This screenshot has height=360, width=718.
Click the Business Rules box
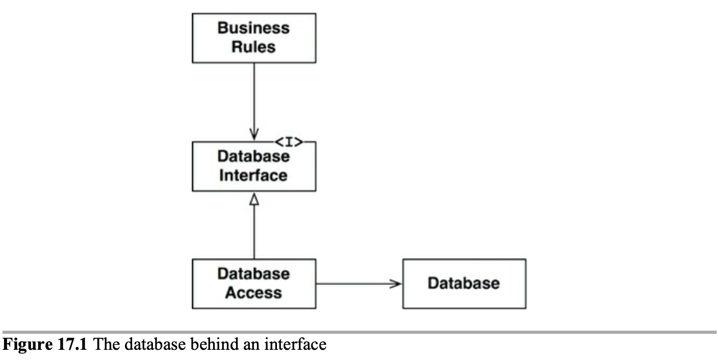[x=253, y=38]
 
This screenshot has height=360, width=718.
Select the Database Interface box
[x=253, y=167]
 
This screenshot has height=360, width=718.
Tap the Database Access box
[x=253, y=284]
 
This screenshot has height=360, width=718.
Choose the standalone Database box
[x=464, y=284]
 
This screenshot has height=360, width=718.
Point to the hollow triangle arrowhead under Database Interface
[x=253, y=200]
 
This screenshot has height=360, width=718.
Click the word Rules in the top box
[x=253, y=47]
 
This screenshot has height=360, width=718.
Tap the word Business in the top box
[x=253, y=28]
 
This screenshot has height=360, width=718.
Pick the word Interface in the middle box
[x=253, y=175]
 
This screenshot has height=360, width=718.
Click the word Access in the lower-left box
[x=253, y=293]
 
